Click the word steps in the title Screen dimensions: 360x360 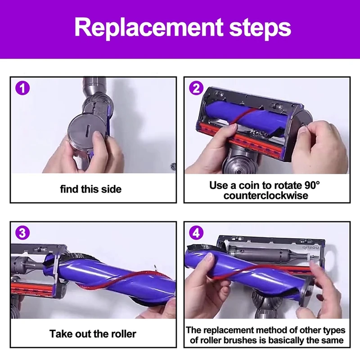(x=260, y=28)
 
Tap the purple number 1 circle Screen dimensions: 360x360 (x=22, y=88)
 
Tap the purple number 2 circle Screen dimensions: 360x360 (x=196, y=88)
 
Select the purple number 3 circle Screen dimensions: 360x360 (x=22, y=233)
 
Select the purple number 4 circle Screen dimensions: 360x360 (x=196, y=233)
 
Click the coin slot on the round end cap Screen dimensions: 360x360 (x=87, y=131)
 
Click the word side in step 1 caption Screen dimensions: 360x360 (x=112, y=189)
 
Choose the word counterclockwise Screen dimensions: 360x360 (x=266, y=196)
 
